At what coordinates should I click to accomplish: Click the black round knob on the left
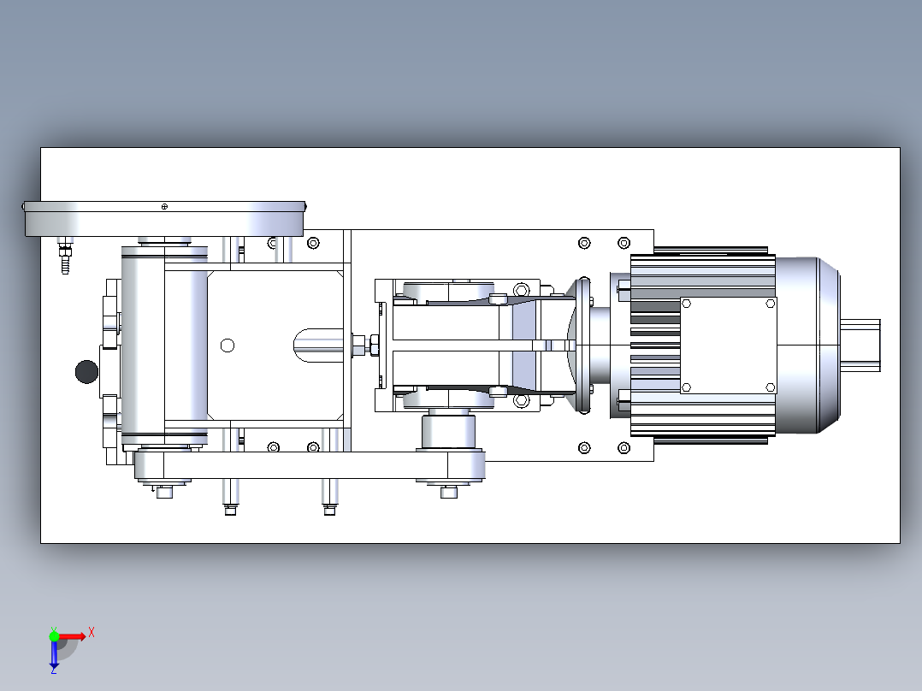coord(87,372)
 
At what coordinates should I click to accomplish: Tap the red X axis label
coord(92,633)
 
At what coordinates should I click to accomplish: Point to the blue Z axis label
coord(54,670)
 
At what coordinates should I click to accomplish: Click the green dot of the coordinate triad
coord(54,635)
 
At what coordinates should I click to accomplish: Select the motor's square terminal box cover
coord(729,345)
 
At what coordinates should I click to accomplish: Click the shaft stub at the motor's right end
coord(860,345)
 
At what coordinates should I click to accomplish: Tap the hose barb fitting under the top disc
coord(65,256)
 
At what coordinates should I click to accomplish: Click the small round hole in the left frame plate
coord(228,345)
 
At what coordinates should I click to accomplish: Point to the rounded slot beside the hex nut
coord(318,345)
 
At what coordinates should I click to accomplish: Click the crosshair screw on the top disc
coord(164,206)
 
